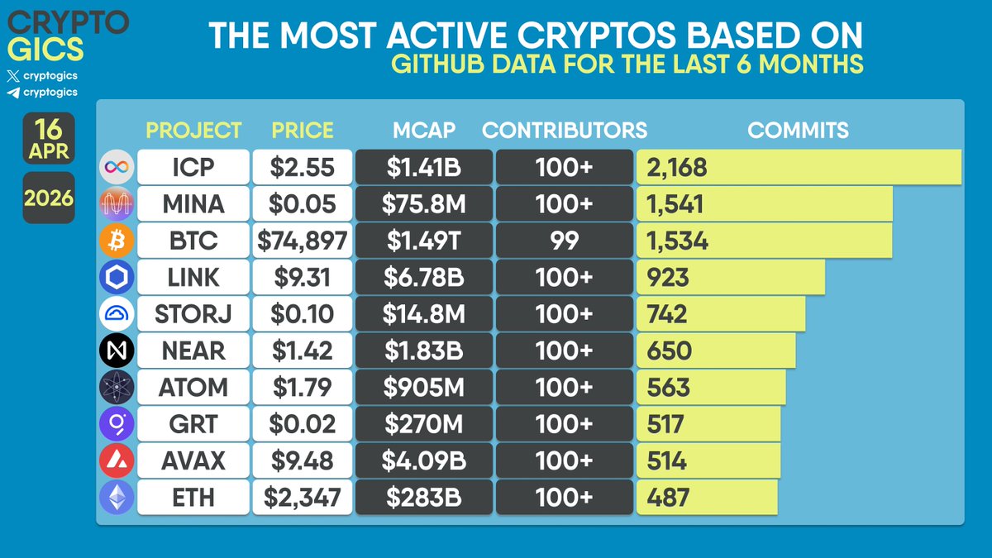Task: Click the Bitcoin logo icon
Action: point(116,241)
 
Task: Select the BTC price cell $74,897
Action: point(302,241)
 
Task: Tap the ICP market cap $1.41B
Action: point(423,168)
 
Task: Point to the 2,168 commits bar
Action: point(798,168)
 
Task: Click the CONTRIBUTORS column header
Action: point(565,130)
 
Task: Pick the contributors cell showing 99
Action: point(564,241)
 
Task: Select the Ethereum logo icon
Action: point(116,497)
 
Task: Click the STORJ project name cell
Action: point(193,314)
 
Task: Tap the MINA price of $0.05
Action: point(302,204)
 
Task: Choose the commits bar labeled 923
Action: point(731,277)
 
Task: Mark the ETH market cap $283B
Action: point(423,497)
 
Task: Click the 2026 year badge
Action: point(49,198)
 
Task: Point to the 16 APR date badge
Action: point(49,138)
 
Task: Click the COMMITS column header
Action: point(798,130)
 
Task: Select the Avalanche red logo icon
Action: point(116,460)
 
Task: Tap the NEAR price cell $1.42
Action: point(302,351)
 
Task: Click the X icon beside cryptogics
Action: point(12,75)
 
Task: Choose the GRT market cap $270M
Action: point(423,424)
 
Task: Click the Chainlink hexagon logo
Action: point(116,278)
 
